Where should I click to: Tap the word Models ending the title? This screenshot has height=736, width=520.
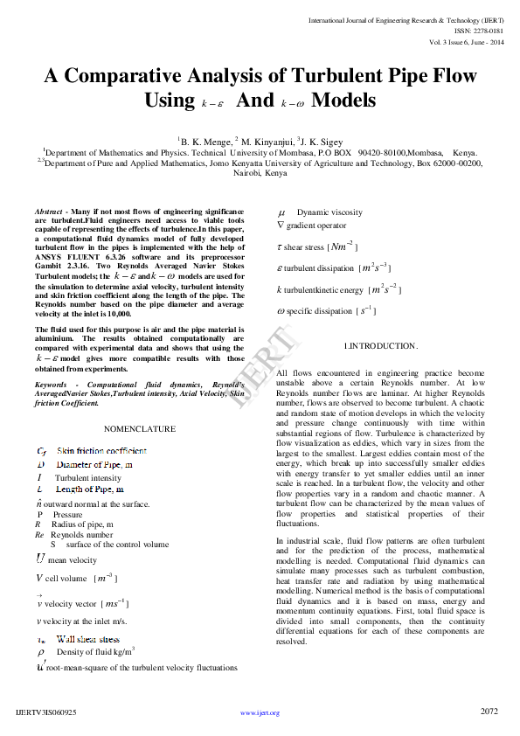tap(343, 100)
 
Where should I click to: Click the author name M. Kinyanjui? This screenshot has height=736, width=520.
tap(267, 139)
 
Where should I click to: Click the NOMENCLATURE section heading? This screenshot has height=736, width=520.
tap(140, 429)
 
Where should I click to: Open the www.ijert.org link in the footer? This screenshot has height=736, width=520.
tap(260, 713)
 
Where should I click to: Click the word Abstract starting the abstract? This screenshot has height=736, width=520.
tap(48, 212)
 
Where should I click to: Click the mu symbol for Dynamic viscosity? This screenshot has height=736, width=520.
tap(281, 212)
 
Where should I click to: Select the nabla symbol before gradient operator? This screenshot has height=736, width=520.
tap(281, 226)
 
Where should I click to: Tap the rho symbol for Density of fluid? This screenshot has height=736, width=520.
tap(41, 652)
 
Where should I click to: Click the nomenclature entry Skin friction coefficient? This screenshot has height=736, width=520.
tap(101, 451)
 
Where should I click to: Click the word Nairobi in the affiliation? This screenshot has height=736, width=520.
tap(246, 173)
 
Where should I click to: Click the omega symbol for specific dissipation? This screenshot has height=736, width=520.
tap(281, 310)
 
